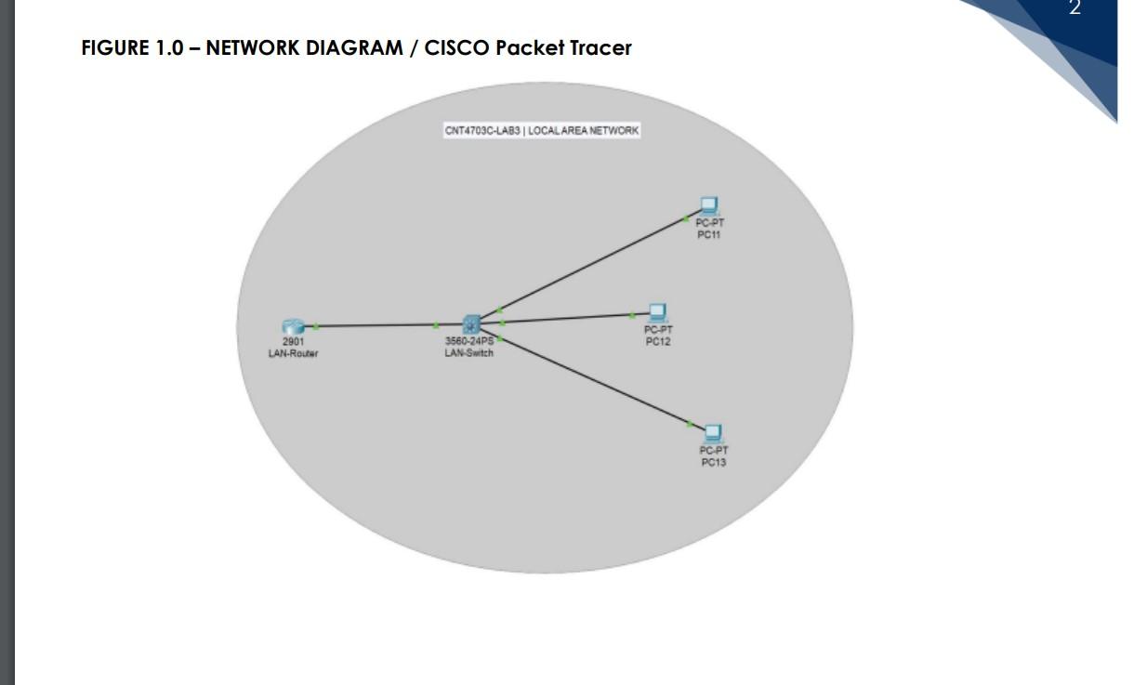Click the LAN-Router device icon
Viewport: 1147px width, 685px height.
293,326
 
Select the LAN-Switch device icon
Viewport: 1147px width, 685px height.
471,324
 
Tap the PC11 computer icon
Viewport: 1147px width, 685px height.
709,205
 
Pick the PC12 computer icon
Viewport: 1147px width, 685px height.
658,312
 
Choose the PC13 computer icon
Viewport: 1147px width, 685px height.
713,432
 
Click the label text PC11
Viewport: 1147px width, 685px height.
709,235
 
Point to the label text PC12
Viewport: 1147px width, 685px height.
658,342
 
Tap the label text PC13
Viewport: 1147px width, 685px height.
713,463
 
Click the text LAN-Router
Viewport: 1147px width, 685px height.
293,354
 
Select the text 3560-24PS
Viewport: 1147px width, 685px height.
469,341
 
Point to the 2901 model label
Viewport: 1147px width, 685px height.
293,342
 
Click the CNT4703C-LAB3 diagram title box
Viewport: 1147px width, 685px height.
542,131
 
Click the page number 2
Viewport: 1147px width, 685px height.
1074,9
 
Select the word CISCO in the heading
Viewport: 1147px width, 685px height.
456,47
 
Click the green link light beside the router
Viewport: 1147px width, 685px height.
316,326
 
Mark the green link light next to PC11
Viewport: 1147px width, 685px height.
686,218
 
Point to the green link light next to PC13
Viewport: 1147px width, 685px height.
690,424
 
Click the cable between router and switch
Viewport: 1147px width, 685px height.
376,325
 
